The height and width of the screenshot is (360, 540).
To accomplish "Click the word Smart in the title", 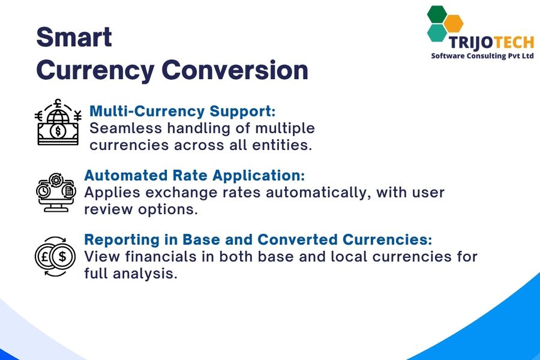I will pyautogui.click(x=74, y=37).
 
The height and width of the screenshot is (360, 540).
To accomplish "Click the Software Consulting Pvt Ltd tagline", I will pyautogui.click(x=482, y=56).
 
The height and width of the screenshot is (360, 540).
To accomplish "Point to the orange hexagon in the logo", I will pyautogui.click(x=454, y=23).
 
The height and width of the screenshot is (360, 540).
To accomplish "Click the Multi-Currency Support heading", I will pyautogui.click(x=182, y=111).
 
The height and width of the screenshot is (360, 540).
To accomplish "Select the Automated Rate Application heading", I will pyautogui.click(x=194, y=175).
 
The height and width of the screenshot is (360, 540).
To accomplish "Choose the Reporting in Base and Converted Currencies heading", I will pyautogui.click(x=258, y=239).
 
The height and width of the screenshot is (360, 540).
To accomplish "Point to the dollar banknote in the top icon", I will pyautogui.click(x=58, y=131).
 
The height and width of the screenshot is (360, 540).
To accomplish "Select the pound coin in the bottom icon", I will pyautogui.click(x=47, y=257).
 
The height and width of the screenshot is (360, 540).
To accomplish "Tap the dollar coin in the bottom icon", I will pyautogui.click(x=64, y=257).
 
